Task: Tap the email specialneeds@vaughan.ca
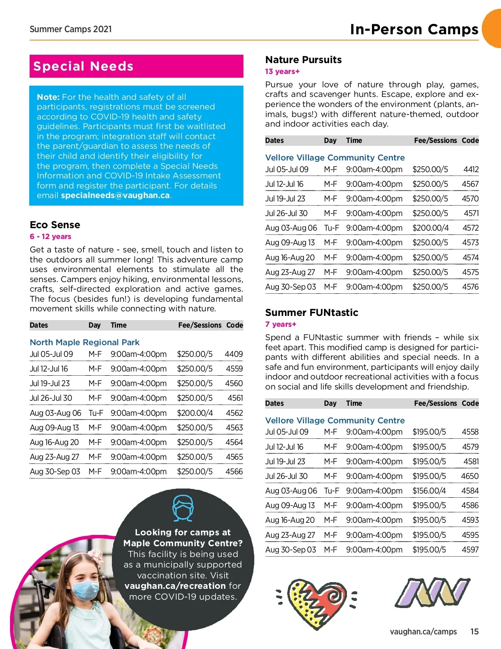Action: click(x=116, y=196)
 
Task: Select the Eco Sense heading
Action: click(x=55, y=225)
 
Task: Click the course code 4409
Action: click(x=233, y=354)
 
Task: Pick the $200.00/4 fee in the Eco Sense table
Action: click(x=195, y=413)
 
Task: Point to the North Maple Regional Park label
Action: click(x=85, y=342)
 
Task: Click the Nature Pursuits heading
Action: click(x=304, y=60)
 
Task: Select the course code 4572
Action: click(x=470, y=228)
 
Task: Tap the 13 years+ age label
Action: click(x=282, y=71)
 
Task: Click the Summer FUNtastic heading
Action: click(x=311, y=313)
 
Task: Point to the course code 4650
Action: click(x=470, y=476)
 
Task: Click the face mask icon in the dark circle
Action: click(x=183, y=508)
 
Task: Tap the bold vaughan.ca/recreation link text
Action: click(x=175, y=586)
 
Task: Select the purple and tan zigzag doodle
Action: click(x=432, y=593)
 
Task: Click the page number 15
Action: click(x=474, y=631)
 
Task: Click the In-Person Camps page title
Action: click(x=414, y=29)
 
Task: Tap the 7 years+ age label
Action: click(x=281, y=324)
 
